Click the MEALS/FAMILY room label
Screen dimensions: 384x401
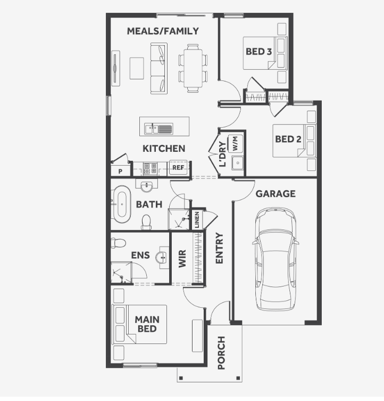coord(163,31)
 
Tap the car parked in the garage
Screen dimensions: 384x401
coord(276,259)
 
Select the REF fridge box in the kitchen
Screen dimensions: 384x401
coord(178,168)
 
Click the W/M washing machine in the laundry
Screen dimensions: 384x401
coord(235,143)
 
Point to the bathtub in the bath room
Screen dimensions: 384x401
coord(122,204)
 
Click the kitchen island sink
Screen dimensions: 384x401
coord(158,128)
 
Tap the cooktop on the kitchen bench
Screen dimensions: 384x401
coord(150,168)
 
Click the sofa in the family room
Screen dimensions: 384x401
coord(159,68)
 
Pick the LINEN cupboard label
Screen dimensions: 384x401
coord(197,220)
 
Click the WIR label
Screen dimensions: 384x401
coord(182,259)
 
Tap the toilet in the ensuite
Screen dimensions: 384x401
coord(118,243)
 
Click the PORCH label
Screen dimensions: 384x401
coord(221,353)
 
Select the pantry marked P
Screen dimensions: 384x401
coord(121,170)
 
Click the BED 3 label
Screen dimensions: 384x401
coord(258,52)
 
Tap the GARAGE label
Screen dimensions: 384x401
coord(276,194)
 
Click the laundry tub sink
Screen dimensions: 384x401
coord(238,163)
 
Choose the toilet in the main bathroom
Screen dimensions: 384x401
coord(146,222)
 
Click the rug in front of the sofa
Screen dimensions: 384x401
coord(137,68)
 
